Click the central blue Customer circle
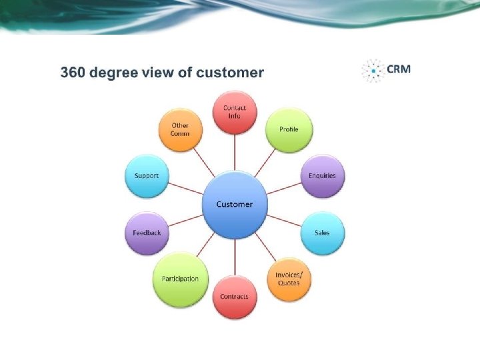click(x=235, y=204)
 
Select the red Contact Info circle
click(x=235, y=112)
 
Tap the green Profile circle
click(x=289, y=129)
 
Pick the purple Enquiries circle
click(x=323, y=176)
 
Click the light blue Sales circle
click(x=322, y=233)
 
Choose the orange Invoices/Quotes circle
click(x=289, y=279)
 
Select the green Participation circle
click(x=180, y=279)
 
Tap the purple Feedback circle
click(x=147, y=233)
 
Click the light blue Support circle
click(x=147, y=176)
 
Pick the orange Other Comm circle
click(x=180, y=129)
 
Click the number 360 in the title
click(x=72, y=73)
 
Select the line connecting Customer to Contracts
click(x=235, y=256)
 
